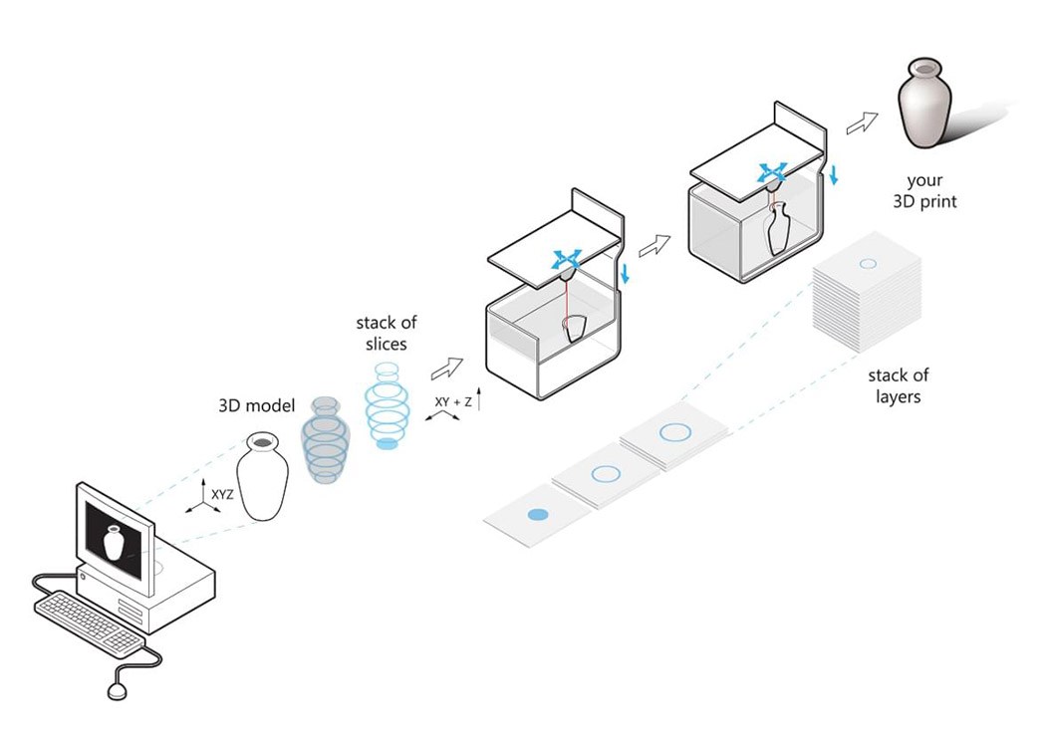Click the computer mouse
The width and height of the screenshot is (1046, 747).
pyautogui.click(x=117, y=690)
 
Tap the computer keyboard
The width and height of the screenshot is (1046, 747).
pyautogui.click(x=90, y=622)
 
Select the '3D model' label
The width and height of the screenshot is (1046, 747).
pyautogui.click(x=257, y=405)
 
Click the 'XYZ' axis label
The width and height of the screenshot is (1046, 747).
pyautogui.click(x=222, y=495)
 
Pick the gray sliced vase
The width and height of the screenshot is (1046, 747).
pyautogui.click(x=326, y=439)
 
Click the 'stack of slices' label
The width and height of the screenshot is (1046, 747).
pyautogui.click(x=387, y=333)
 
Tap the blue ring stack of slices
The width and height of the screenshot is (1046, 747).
pyautogui.click(x=388, y=404)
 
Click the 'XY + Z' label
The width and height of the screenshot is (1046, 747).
pyautogui.click(x=453, y=402)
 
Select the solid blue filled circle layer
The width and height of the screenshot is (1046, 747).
pyautogui.click(x=538, y=514)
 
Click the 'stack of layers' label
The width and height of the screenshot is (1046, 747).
pyautogui.click(x=898, y=385)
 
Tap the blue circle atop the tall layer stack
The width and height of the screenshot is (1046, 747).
pyautogui.click(x=868, y=264)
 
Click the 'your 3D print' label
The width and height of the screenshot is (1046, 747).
pyautogui.click(x=924, y=191)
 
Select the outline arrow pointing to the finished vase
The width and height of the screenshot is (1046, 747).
pyautogui.click(x=862, y=123)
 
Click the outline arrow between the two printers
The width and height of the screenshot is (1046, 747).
pyautogui.click(x=654, y=246)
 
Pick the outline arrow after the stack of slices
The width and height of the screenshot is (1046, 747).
pyautogui.click(x=447, y=369)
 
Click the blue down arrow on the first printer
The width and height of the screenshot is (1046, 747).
pyautogui.click(x=625, y=273)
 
